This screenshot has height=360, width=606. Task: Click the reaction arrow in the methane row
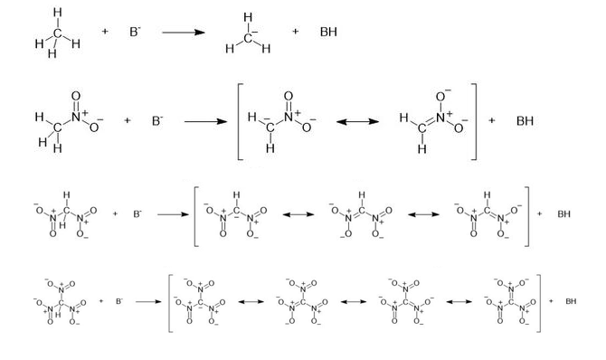tap(184, 32)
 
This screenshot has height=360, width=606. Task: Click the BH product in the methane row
tap(328, 32)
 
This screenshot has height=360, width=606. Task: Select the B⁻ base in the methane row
tap(135, 32)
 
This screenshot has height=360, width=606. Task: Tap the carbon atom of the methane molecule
tap(58, 33)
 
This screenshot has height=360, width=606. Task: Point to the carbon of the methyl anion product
tap(248, 37)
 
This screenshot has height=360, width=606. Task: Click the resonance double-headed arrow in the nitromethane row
tap(357, 122)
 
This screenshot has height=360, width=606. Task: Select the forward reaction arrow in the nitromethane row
tap(205, 122)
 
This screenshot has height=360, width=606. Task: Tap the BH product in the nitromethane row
tap(525, 121)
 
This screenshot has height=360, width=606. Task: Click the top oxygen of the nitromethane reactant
tap(76, 96)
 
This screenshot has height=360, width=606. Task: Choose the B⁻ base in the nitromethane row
tap(157, 121)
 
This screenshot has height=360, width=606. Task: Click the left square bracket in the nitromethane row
tap(240, 121)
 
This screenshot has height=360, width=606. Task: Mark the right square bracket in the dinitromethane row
tap(526, 216)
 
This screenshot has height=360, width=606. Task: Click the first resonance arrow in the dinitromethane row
tap(298, 214)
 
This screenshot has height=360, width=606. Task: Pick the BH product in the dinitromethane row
tap(563, 213)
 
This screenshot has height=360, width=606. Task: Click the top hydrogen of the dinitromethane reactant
tap(66, 194)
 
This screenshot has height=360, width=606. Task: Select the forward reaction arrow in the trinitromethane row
tap(148, 301)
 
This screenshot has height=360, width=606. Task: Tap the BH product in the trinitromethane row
tap(571, 301)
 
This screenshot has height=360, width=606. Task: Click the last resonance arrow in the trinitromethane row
tap(459, 301)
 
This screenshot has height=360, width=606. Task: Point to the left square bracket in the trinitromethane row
tap(170, 303)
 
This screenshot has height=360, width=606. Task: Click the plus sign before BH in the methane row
tap(295, 32)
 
